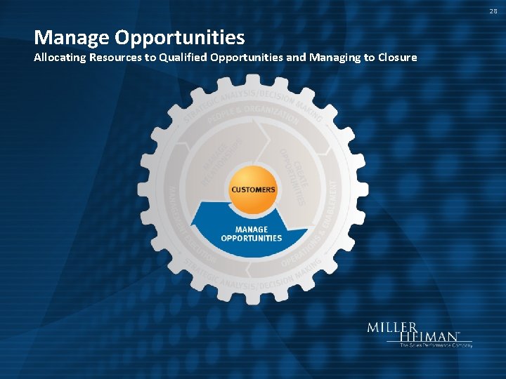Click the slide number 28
(x=494, y=11)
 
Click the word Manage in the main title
(x=68, y=36)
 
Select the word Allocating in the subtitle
(x=60, y=58)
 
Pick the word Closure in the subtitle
(x=397, y=58)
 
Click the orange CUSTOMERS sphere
(x=254, y=189)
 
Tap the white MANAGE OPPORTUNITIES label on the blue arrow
(x=252, y=234)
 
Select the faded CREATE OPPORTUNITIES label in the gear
(x=294, y=175)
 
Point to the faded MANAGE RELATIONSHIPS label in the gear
(x=223, y=161)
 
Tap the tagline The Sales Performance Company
(x=436, y=345)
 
